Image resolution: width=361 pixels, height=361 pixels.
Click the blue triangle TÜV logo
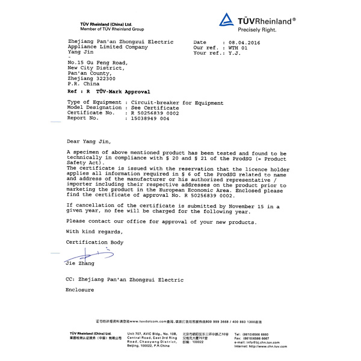(x=227, y=21)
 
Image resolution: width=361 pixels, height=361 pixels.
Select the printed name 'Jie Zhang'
(x=81, y=264)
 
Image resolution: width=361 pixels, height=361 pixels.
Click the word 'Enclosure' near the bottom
(x=80, y=289)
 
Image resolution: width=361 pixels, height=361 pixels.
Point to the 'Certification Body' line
(x=94, y=242)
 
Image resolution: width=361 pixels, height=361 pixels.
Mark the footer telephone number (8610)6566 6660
(x=260, y=334)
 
